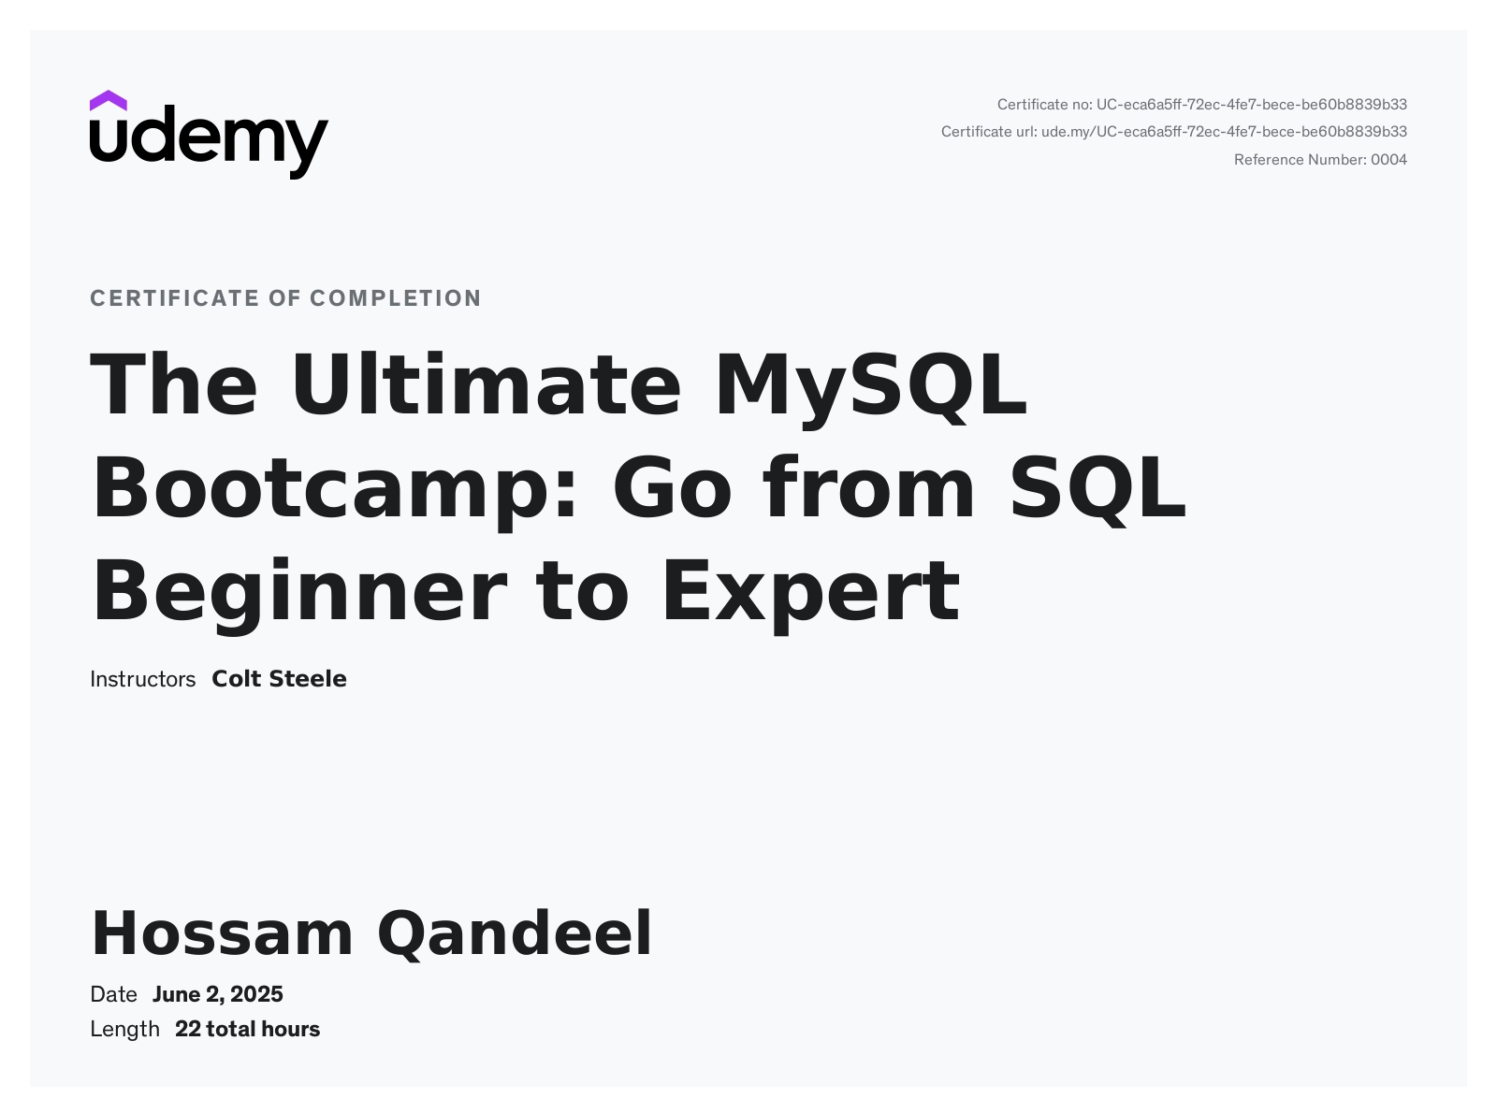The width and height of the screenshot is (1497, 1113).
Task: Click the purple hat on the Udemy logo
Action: (x=108, y=100)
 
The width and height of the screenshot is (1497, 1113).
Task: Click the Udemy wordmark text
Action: (x=210, y=142)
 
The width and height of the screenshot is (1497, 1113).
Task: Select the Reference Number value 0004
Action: (x=1388, y=160)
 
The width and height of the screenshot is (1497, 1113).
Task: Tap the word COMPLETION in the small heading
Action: (x=396, y=298)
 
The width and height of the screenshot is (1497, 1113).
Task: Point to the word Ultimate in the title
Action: (x=486, y=384)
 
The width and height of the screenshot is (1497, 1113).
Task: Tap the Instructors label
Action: (x=142, y=679)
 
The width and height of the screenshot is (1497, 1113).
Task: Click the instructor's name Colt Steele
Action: (x=279, y=679)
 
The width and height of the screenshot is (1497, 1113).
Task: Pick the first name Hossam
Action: (x=222, y=934)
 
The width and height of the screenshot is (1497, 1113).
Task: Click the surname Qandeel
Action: (x=515, y=934)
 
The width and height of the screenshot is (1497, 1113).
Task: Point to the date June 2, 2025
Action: (x=217, y=994)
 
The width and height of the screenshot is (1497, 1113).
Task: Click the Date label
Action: (x=113, y=994)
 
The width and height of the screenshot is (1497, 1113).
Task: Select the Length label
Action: (x=124, y=1030)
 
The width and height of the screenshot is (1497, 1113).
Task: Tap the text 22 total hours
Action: (x=247, y=1030)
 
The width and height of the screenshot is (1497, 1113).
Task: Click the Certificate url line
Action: (x=1174, y=132)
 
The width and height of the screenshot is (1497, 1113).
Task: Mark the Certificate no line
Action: (x=1202, y=105)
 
